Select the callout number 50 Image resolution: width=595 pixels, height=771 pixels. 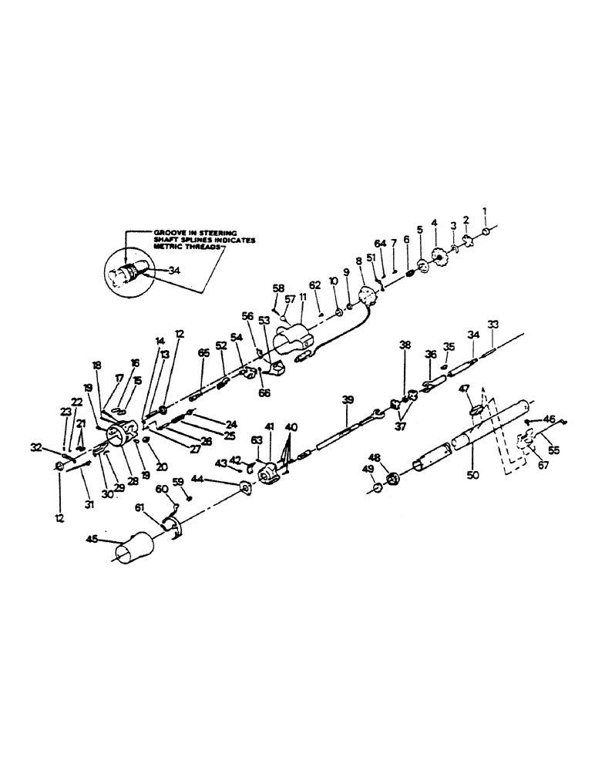coord(472,476)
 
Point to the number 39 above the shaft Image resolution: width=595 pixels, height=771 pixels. coord(348,399)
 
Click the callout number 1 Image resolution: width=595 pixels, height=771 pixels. coord(486,211)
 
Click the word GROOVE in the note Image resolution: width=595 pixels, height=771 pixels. coord(169,231)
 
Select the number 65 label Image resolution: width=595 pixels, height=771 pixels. coord(203,353)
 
